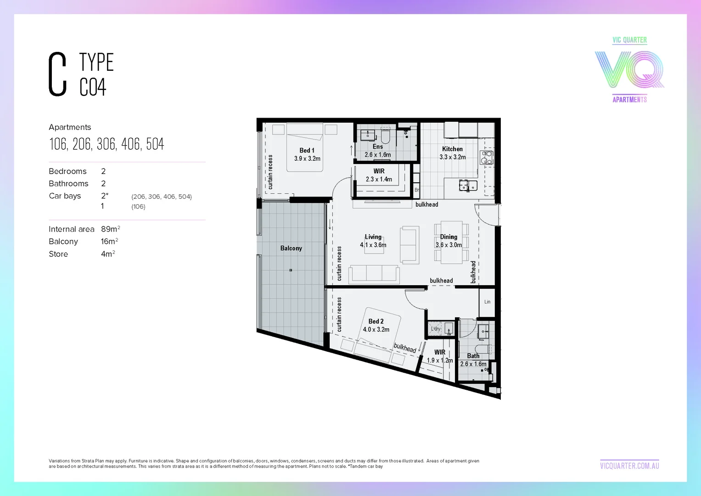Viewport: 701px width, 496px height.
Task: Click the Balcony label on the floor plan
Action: (x=291, y=248)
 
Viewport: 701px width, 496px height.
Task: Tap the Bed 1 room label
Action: (x=307, y=150)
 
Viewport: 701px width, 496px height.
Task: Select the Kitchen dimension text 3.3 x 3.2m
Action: (x=452, y=157)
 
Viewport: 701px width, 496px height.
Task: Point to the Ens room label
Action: (x=377, y=147)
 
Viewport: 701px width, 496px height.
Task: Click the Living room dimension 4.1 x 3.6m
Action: (x=373, y=245)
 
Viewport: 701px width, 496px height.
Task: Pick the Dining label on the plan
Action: (x=449, y=237)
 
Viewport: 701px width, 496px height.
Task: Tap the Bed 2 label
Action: (x=376, y=321)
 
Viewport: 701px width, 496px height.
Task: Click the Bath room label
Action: (x=473, y=356)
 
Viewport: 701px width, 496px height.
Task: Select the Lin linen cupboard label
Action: (x=487, y=302)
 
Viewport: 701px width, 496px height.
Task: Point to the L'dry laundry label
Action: (x=435, y=329)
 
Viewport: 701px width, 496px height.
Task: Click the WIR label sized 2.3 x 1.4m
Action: (x=379, y=171)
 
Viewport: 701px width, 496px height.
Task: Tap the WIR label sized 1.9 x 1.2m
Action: (x=439, y=352)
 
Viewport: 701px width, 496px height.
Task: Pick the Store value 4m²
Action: (x=107, y=254)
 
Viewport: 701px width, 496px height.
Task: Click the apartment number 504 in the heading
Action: (x=155, y=144)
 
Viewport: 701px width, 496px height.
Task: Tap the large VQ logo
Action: (x=629, y=70)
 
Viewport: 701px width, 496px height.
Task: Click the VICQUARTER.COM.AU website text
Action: (x=629, y=466)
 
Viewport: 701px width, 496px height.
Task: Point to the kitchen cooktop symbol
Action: (x=486, y=158)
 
